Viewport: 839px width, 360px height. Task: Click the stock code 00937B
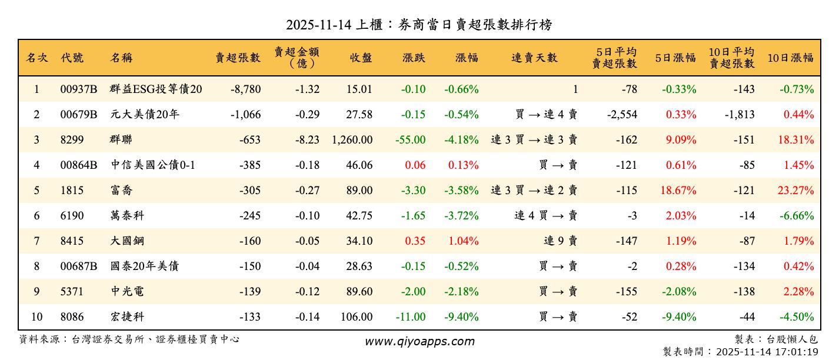tap(78, 89)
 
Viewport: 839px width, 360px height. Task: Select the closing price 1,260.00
tap(352, 140)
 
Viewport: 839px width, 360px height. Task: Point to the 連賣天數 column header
tap(534, 58)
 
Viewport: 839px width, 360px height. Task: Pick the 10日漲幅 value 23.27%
tap(798, 191)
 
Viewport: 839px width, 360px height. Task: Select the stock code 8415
tap(72, 241)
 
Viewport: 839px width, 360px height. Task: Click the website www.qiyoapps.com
tap(419, 341)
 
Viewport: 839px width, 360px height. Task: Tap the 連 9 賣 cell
tap(561, 241)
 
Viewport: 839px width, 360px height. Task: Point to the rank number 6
tap(36, 216)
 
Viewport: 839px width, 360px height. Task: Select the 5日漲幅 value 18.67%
tap(680, 191)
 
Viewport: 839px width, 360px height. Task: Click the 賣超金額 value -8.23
tap(307, 140)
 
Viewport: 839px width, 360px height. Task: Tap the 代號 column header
tap(72, 58)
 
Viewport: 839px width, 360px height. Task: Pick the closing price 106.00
tap(356, 317)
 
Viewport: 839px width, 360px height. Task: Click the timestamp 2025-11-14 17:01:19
tap(767, 352)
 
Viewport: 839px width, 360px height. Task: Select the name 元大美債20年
tap(145, 115)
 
